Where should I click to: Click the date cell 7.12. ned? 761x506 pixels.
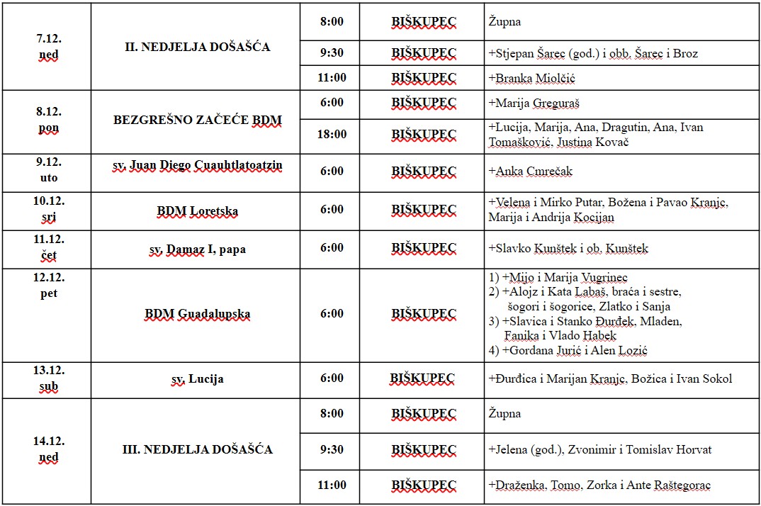(48, 47)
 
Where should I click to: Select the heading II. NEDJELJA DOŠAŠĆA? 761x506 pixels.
(195, 47)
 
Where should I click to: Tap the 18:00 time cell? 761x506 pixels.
(332, 134)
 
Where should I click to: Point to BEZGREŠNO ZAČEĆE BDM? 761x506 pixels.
(197, 120)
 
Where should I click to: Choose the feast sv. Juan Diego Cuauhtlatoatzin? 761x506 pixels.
(197, 165)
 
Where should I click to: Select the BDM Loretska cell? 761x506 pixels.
(197, 211)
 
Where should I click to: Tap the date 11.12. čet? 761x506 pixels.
(48, 248)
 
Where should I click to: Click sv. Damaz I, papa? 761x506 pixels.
(197, 249)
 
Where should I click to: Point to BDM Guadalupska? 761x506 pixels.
(197, 314)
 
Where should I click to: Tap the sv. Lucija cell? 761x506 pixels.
(197, 379)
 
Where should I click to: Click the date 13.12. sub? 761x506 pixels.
(48, 379)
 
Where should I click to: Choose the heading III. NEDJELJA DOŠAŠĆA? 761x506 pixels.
(197, 449)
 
